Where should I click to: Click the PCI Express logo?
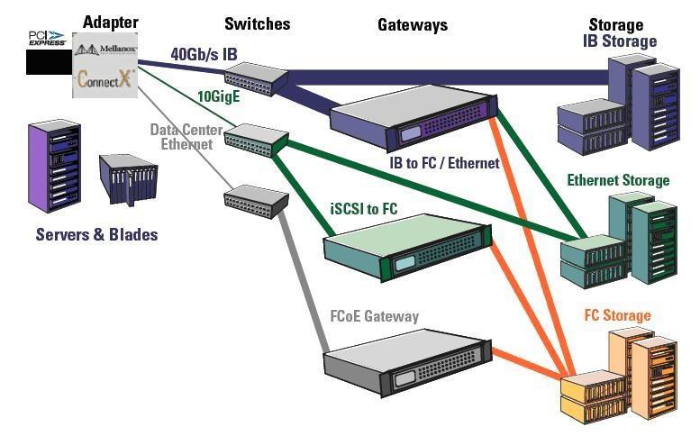click(47, 38)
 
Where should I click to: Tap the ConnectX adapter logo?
click(105, 77)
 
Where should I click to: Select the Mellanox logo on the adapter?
click(105, 50)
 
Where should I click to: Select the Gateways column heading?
click(413, 25)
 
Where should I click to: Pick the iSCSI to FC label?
click(363, 209)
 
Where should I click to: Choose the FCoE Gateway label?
click(375, 317)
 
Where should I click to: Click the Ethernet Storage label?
click(618, 180)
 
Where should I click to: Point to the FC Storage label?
click(617, 315)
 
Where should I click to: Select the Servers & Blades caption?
click(96, 234)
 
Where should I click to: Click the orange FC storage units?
click(622, 378)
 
